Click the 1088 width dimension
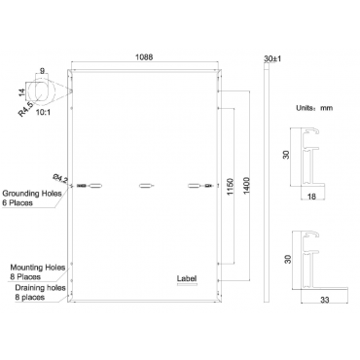click(144, 57)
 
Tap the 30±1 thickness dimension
click(272, 58)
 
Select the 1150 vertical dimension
click(230, 187)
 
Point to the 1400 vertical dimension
click(246, 186)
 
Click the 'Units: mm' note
click(314, 108)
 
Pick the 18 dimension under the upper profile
click(311, 197)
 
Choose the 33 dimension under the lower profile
click(325, 300)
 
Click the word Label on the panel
click(187, 278)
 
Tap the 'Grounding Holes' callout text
click(32, 194)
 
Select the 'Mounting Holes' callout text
click(38, 268)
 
